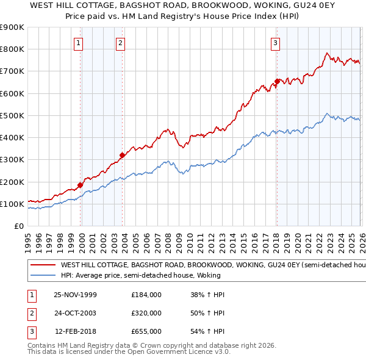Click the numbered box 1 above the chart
click(79, 43)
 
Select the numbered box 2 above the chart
click(121, 43)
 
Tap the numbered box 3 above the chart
click(276, 43)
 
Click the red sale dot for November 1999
click(81, 184)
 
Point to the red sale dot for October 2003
click(122, 155)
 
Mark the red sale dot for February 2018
click(277, 81)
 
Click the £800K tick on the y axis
click(12, 49)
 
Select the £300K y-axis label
click(12, 160)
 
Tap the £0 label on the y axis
click(18, 226)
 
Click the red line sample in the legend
click(43, 265)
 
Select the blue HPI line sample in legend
click(43, 275)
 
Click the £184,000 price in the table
click(146, 295)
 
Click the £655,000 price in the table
click(146, 331)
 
